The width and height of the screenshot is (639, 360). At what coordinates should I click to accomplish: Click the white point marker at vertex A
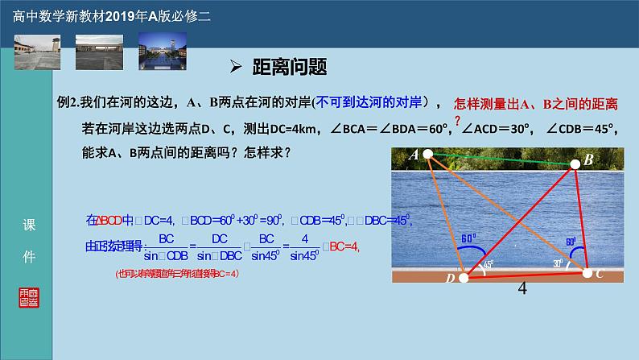click(x=428, y=154)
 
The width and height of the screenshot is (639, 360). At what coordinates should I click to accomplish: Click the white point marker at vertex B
click(x=575, y=163)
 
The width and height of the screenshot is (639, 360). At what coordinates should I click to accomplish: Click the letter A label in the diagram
click(x=414, y=154)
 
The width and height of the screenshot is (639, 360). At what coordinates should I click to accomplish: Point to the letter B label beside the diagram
click(x=589, y=161)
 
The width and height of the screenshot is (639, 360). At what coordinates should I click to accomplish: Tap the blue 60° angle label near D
click(x=468, y=238)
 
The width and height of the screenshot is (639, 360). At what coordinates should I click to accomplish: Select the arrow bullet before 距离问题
click(x=237, y=67)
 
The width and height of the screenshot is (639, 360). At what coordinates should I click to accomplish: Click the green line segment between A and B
click(x=501, y=158)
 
